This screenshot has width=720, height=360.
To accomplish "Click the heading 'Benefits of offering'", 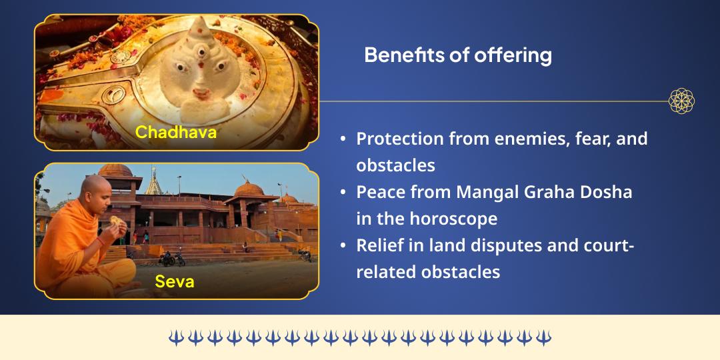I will [x=457, y=55].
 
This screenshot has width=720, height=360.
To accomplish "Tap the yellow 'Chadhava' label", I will [x=176, y=132].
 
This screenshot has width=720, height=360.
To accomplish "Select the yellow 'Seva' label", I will [x=175, y=281].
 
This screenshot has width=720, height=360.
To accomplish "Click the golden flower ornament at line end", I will [x=681, y=101].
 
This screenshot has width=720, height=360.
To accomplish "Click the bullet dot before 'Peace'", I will [x=343, y=193].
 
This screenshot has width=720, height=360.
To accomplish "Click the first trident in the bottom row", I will [x=175, y=337].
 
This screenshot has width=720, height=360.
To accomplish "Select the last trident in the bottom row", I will [x=544, y=337].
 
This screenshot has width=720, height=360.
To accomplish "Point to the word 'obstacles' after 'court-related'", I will [x=461, y=272].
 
